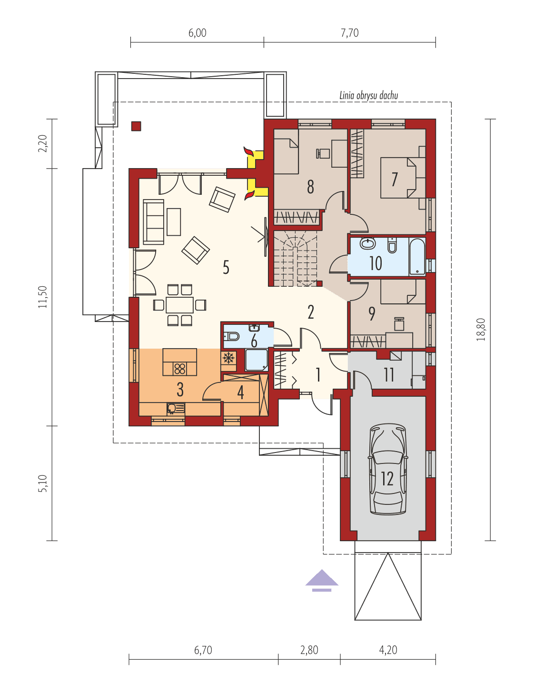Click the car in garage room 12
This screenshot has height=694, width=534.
388,470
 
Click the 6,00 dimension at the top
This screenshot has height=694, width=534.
198,33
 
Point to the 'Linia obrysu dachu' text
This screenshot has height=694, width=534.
368,95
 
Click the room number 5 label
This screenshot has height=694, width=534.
226,267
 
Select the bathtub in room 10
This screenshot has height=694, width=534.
417,256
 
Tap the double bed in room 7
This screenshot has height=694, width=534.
398,178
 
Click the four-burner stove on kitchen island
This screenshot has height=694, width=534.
179,369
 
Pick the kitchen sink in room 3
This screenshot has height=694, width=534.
175,408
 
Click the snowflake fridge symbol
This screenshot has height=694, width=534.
228,358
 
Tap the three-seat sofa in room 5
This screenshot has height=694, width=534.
154,222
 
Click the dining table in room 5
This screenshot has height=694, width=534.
179,305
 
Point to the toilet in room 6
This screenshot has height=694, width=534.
231,336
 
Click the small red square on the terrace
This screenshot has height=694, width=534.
136,126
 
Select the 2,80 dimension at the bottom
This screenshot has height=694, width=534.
309,650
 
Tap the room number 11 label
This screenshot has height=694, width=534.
389,375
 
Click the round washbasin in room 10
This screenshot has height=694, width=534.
367,244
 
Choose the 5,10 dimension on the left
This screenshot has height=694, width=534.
43,483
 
